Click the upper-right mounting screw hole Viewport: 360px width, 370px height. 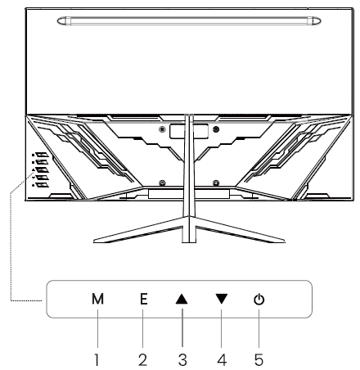click(x=214, y=129)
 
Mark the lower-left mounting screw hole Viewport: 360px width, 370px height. click(x=163, y=182)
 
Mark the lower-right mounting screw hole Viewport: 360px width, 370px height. click(x=214, y=182)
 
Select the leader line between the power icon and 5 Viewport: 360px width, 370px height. click(x=259, y=329)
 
